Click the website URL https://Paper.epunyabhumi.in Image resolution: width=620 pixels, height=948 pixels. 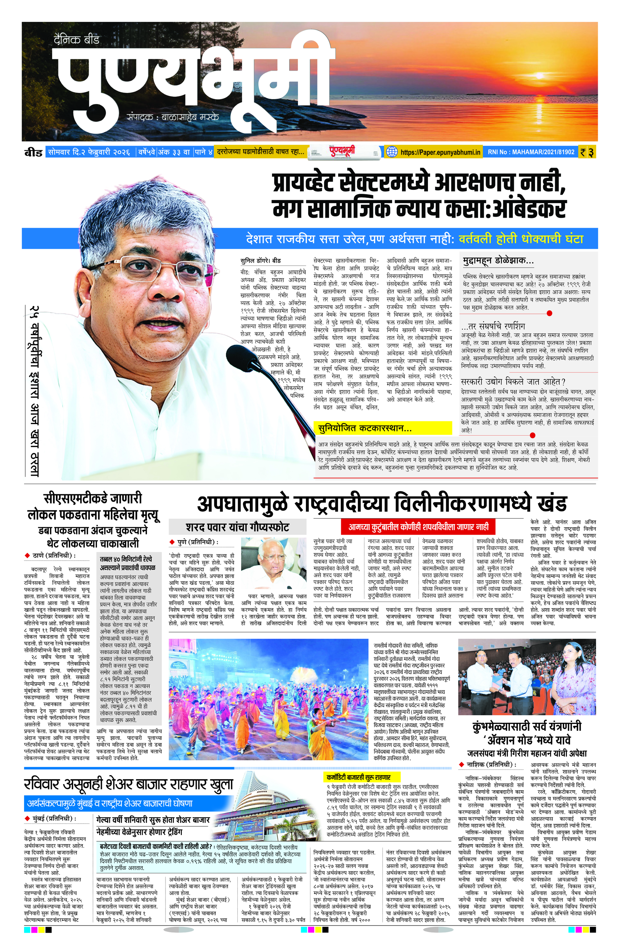(440, 152)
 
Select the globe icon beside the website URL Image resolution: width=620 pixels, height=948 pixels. (392, 152)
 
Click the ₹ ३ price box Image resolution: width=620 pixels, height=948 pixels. (587, 152)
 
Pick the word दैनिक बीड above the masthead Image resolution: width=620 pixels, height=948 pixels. (77, 40)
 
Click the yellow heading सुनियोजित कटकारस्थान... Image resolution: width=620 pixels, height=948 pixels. (365, 428)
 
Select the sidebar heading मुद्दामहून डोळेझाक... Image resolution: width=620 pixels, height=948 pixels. (498, 261)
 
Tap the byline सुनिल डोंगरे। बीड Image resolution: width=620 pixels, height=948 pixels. (261, 261)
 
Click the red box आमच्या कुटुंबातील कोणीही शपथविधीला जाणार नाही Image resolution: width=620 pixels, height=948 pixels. (418, 527)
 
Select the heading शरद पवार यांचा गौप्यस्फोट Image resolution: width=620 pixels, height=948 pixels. (237, 527)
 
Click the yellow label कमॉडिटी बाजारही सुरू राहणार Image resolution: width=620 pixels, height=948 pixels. (358, 777)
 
